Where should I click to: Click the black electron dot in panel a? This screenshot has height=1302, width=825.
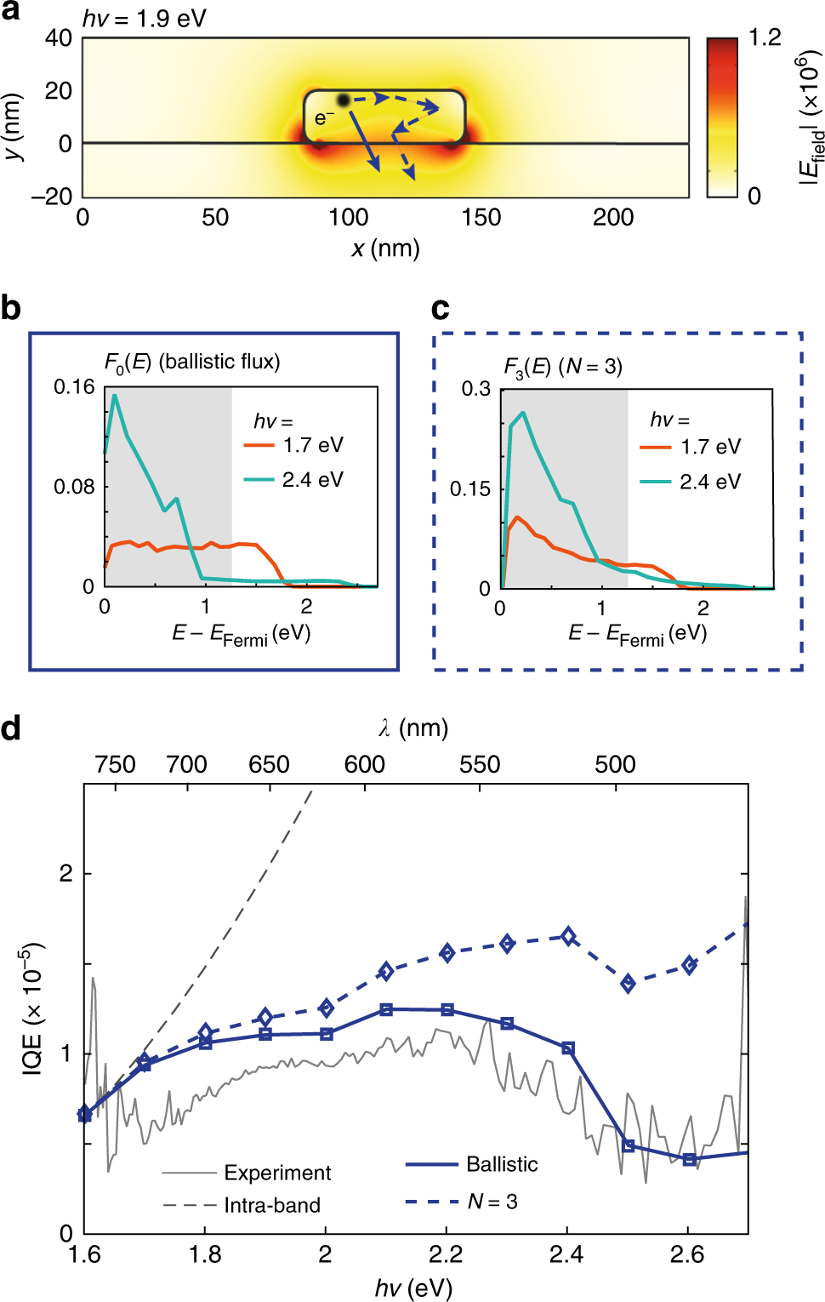click(344, 100)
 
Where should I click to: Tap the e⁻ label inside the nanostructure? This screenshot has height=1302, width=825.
click(324, 118)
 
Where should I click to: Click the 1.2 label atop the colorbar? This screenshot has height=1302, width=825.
click(765, 37)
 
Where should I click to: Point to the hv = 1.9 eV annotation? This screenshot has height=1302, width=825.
click(145, 19)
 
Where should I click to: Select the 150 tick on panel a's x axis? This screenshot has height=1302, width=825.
click(481, 218)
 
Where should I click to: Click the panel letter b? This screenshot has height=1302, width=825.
click(11, 308)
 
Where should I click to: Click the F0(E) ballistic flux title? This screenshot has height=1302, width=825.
click(192, 363)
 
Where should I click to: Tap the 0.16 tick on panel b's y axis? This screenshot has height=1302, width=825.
click(74, 387)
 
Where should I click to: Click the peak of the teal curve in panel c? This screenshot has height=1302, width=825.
click(523, 414)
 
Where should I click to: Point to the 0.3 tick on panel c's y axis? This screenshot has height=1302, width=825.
click(476, 389)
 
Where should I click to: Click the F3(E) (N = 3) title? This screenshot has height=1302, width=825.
click(563, 367)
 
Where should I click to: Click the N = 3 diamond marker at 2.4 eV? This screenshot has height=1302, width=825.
click(568, 936)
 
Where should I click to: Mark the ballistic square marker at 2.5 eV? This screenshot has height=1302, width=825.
click(629, 1146)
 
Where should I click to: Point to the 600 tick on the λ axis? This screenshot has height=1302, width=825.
click(365, 764)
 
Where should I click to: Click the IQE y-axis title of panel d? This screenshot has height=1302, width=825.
click(32, 1008)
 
